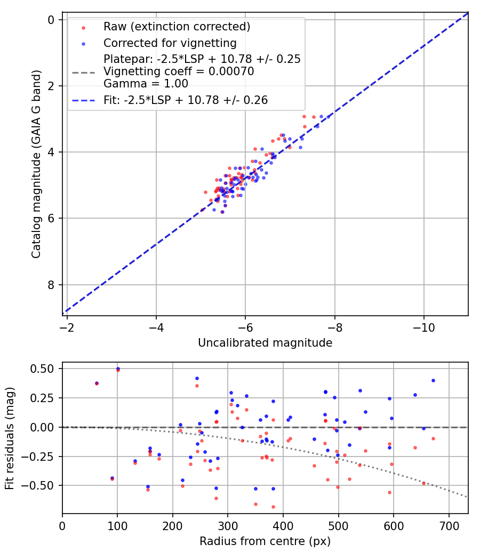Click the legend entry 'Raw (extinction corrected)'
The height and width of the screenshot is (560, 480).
point(177,27)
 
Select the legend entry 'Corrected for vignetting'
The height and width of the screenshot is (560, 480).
point(170,43)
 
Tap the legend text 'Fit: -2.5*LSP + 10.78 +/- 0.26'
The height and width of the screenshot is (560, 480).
point(185,100)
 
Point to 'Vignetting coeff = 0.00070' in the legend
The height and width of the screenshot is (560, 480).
point(179,71)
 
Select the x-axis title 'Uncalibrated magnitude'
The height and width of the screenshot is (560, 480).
point(265,343)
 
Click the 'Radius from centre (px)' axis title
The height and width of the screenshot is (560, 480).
point(265,541)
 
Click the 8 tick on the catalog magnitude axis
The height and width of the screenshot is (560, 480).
point(52,285)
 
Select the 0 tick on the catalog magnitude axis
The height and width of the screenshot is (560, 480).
point(52,20)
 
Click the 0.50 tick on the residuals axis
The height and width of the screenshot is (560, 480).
point(43,369)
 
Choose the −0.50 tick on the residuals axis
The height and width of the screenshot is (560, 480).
point(41,485)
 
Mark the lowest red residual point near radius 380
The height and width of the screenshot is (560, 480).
point(273,507)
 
